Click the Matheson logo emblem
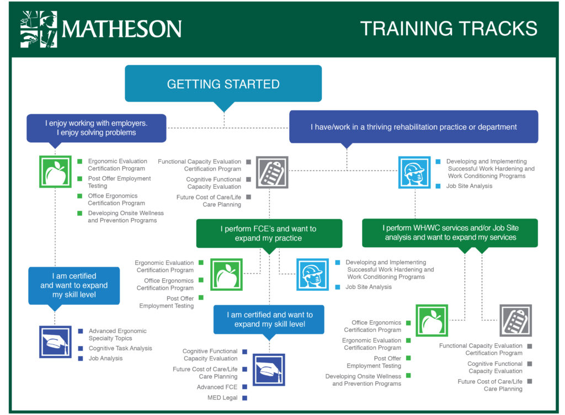click(x=39, y=29)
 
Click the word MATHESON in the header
click(x=122, y=29)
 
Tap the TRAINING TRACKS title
click(x=449, y=29)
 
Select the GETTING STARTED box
click(x=223, y=83)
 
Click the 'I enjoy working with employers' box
click(x=96, y=128)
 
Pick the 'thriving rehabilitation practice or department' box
click(x=414, y=127)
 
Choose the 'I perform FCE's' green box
click(x=269, y=233)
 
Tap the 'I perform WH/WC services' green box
click(x=450, y=233)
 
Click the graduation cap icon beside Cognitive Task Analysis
click(x=55, y=342)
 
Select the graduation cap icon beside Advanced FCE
click(x=269, y=370)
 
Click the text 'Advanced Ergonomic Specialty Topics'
click(x=118, y=334)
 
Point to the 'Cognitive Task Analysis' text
click(x=120, y=348)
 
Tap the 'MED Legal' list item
click(x=222, y=398)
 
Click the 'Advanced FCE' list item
click(x=217, y=387)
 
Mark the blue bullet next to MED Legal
click(x=244, y=398)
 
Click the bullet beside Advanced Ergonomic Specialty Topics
click(x=81, y=331)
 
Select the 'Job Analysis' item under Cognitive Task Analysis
click(x=105, y=359)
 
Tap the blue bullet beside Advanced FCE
click(x=244, y=387)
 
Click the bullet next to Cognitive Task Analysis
click(x=81, y=348)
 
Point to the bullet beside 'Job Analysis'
click(x=81, y=359)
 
